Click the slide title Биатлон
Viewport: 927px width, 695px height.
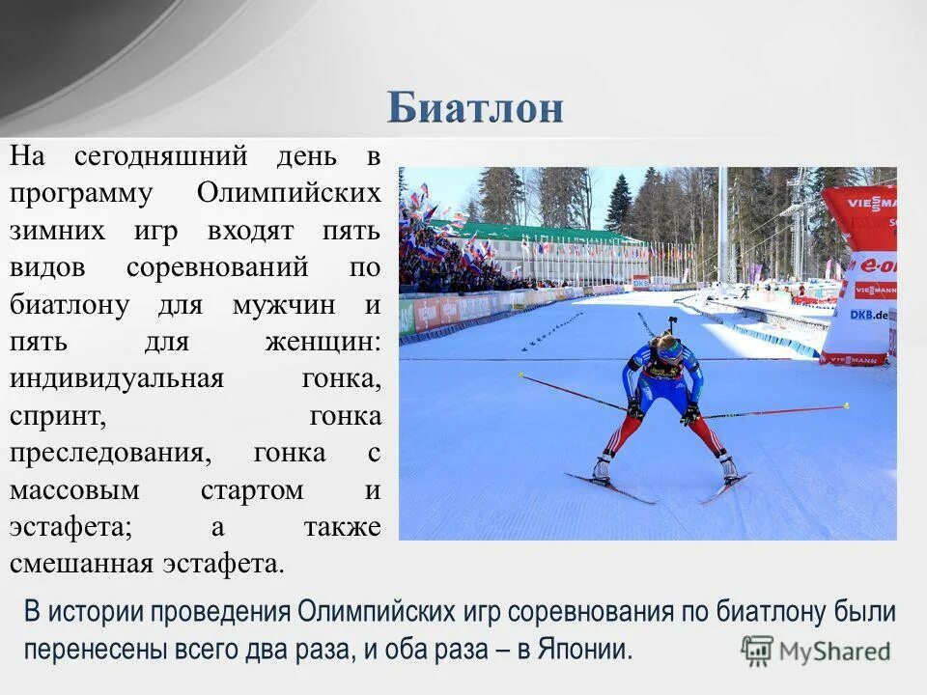(x=475, y=108)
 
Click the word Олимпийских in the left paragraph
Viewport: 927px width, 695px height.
(x=289, y=192)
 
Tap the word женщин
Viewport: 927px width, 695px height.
(x=317, y=342)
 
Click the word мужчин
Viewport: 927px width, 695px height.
(x=284, y=304)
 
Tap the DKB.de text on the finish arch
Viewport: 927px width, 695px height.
(x=868, y=314)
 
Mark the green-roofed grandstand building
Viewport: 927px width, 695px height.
(x=541, y=236)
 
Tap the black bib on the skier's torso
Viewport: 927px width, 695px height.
(x=662, y=370)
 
